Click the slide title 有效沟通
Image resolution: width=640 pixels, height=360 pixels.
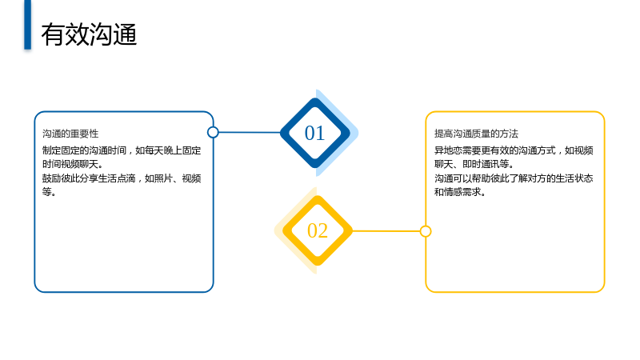tap(89, 34)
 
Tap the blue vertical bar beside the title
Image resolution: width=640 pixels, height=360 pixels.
tap(27, 25)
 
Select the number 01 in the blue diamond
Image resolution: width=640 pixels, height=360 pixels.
tap(314, 133)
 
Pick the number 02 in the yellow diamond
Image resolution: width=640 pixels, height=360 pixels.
tap(318, 230)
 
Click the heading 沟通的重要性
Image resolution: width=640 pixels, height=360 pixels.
tap(70, 134)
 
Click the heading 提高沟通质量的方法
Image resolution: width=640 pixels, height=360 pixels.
tap(476, 134)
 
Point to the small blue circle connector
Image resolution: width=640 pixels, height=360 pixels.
tap(213, 132)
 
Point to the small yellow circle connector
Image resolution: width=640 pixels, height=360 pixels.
tap(426, 231)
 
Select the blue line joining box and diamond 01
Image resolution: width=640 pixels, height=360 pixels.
tap(250, 132)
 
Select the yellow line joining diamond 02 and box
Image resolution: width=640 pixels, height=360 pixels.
tap(386, 231)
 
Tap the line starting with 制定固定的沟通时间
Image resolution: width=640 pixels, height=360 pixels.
tap(122, 150)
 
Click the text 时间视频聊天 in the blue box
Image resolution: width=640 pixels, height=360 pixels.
tap(73, 164)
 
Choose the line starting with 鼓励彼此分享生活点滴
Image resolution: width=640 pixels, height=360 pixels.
tap(122, 178)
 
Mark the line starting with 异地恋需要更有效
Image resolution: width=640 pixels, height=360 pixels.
tap(514, 150)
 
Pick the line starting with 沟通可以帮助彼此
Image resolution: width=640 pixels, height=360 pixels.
tap(514, 178)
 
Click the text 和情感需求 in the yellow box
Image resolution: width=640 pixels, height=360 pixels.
tap(460, 192)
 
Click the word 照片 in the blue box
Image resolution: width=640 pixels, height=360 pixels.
tap(163, 178)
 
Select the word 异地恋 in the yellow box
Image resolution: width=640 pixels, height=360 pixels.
tap(448, 150)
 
